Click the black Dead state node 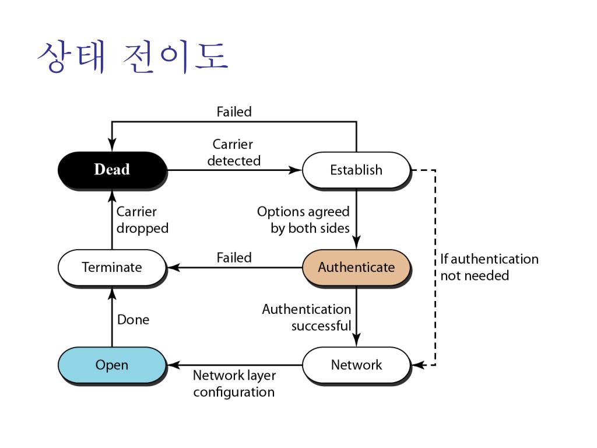[112, 170]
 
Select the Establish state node [356, 170]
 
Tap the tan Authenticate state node [356, 268]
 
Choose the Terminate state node [112, 268]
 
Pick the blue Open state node [112, 365]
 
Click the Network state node [356, 365]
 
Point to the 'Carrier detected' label [233, 152]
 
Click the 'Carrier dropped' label [142, 220]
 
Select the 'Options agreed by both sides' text [303, 220]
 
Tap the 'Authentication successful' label [307, 317]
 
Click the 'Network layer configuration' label [234, 383]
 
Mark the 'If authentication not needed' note [489, 267]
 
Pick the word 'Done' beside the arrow [133, 320]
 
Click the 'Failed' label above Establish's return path [234, 111]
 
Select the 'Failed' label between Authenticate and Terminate [234, 257]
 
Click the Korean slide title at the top [132, 57]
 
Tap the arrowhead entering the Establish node [297, 170]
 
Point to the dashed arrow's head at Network [417, 365]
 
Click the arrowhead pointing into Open [173, 365]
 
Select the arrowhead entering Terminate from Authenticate [173, 268]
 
